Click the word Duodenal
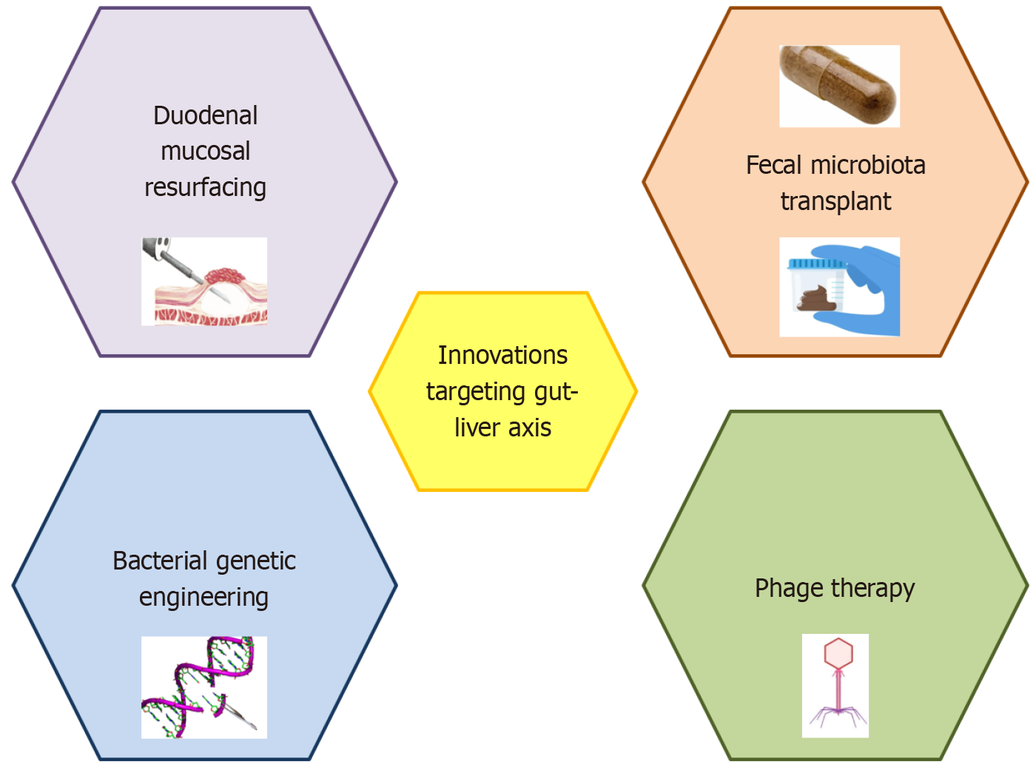pos(205,115)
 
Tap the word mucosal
pos(205,152)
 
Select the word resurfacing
pos(205,188)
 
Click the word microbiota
pos(867,165)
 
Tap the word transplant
pos(835,201)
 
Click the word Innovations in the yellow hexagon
pos(502,355)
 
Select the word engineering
pos(203,597)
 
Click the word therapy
pos(872,588)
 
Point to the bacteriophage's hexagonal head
pos(838,653)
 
